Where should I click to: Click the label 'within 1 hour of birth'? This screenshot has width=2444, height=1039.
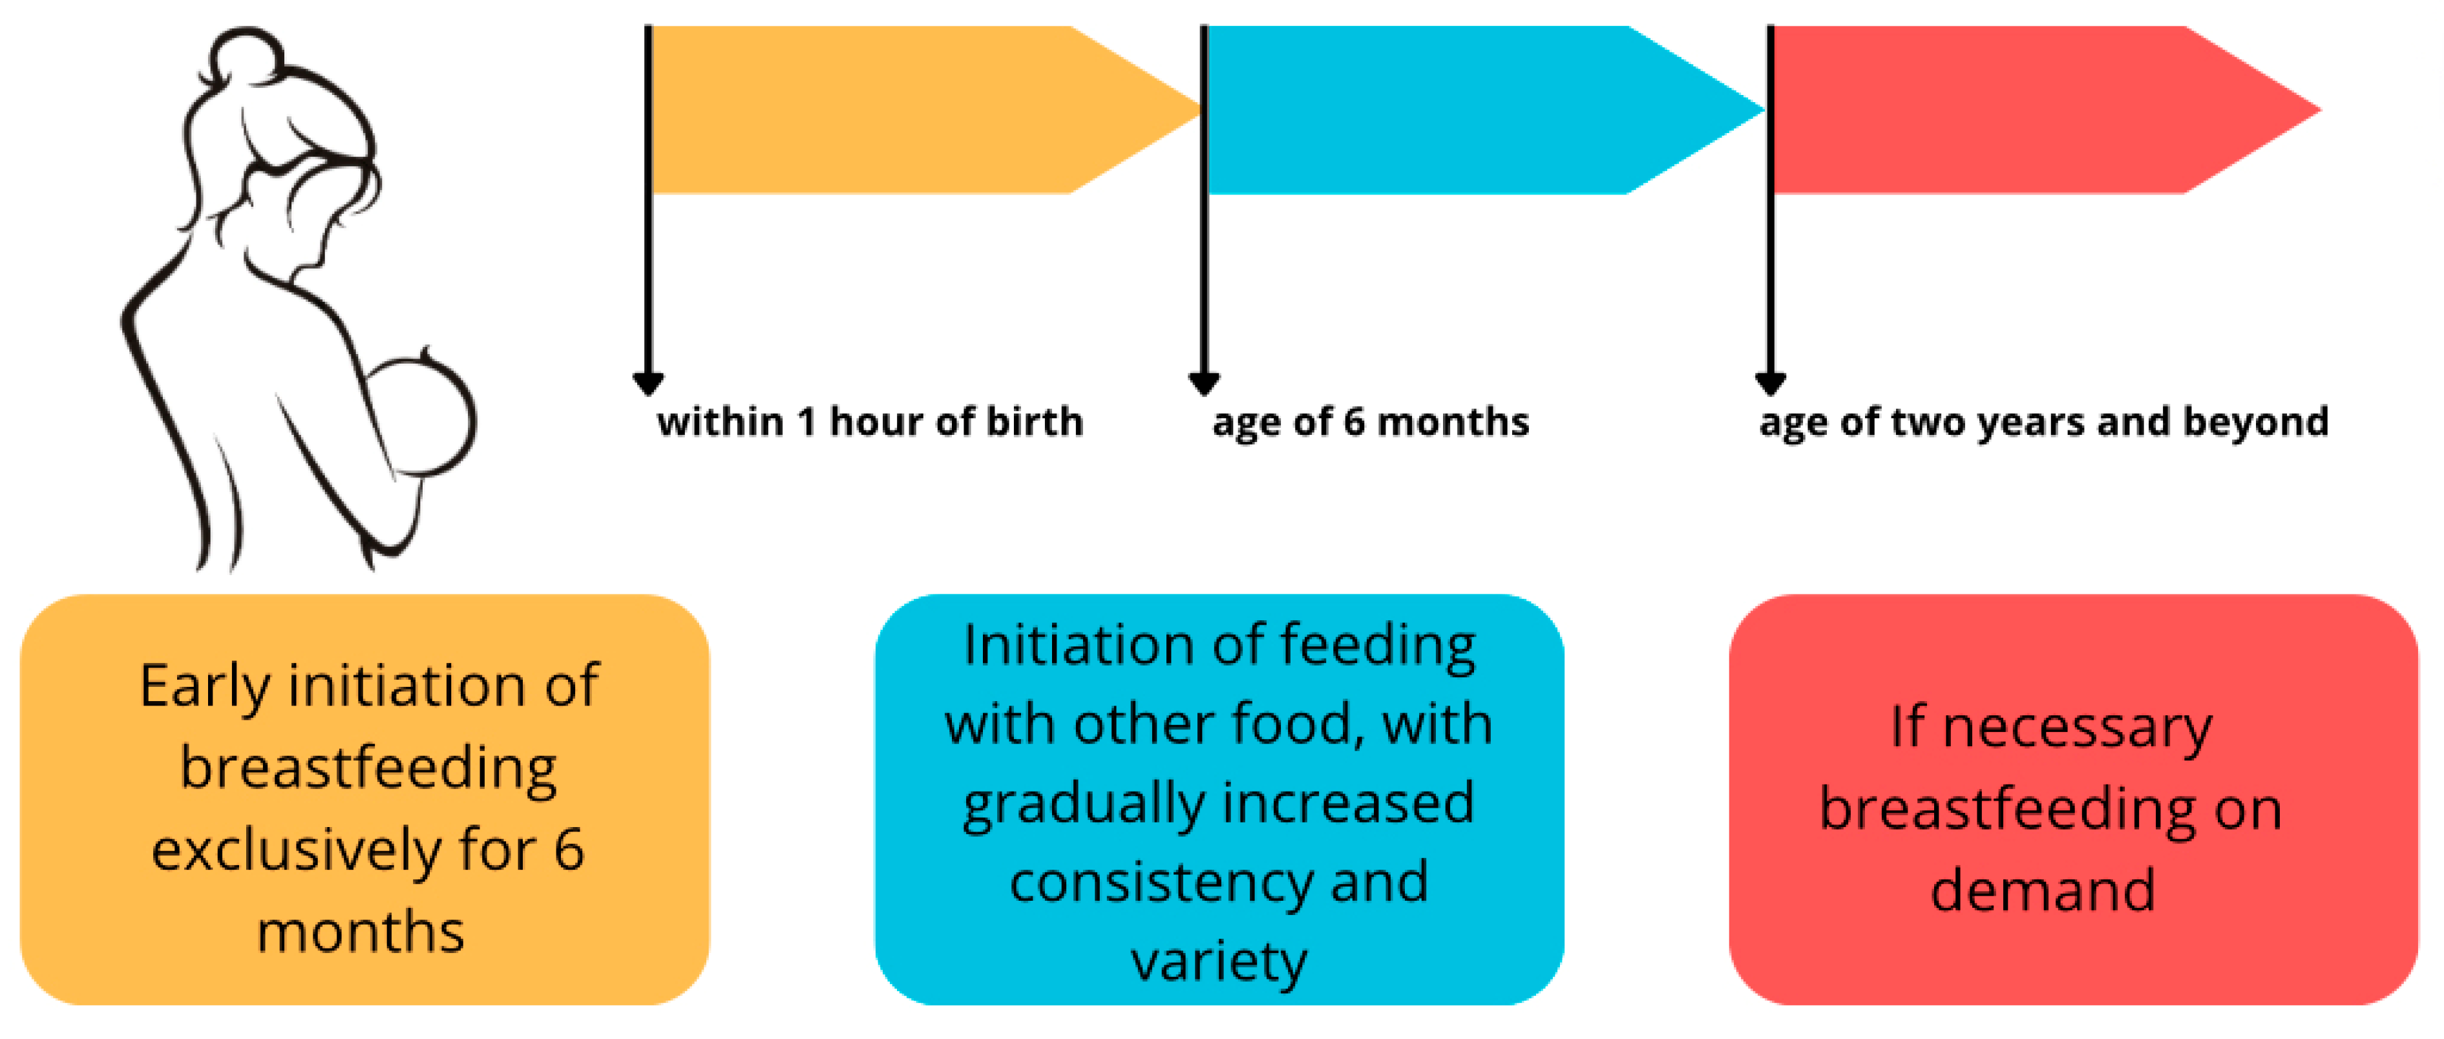click(869, 422)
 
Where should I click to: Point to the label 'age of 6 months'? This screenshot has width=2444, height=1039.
click(1370, 422)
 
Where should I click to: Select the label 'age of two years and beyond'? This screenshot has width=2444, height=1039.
click(2043, 422)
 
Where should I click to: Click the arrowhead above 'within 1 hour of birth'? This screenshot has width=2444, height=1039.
click(648, 383)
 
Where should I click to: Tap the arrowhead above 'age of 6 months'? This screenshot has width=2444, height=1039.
click(1203, 383)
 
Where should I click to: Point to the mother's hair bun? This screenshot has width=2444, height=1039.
click(245, 57)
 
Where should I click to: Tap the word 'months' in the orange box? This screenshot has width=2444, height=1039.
click(361, 932)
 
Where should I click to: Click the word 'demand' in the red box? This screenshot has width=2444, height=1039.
click(2043, 891)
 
